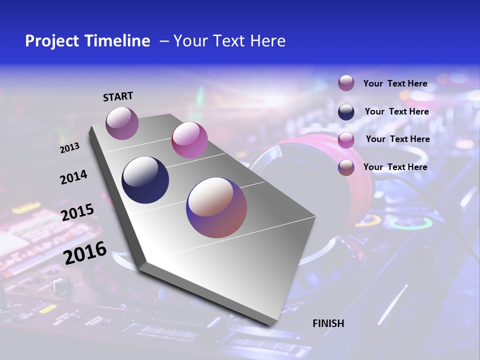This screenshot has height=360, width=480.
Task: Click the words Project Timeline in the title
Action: pyautogui.click(x=87, y=41)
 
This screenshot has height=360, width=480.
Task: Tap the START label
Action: pyautogui.click(x=118, y=96)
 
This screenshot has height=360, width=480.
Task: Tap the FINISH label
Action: pyautogui.click(x=328, y=323)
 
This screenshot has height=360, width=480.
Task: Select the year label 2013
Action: pyautogui.click(x=69, y=148)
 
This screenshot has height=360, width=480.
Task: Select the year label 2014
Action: pyautogui.click(x=73, y=177)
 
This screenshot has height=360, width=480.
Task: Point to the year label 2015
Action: pyautogui.click(x=77, y=212)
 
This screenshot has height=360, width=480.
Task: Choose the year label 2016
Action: pyautogui.click(x=85, y=252)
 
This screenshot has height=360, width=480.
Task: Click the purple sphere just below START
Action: pyautogui.click(x=122, y=123)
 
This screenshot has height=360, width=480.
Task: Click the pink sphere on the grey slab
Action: pyautogui.click(x=189, y=140)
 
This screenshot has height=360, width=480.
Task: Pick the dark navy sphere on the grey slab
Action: pyautogui.click(x=145, y=180)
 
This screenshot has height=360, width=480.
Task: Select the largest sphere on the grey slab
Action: pyautogui.click(x=216, y=207)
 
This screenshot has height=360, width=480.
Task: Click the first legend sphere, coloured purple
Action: pyautogui.click(x=346, y=83)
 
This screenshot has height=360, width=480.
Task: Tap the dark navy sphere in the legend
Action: pyautogui.click(x=346, y=112)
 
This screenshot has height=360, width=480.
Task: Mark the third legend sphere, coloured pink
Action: pyautogui.click(x=346, y=140)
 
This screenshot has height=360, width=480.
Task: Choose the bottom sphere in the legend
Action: pyautogui.click(x=346, y=167)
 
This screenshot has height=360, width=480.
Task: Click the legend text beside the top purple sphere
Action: pyautogui.click(x=395, y=83)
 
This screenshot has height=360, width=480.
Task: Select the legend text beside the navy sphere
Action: pyautogui.click(x=396, y=111)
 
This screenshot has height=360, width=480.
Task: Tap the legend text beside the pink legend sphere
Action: pyautogui.click(x=397, y=139)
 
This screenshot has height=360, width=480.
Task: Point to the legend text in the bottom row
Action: pyautogui.click(x=395, y=167)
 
